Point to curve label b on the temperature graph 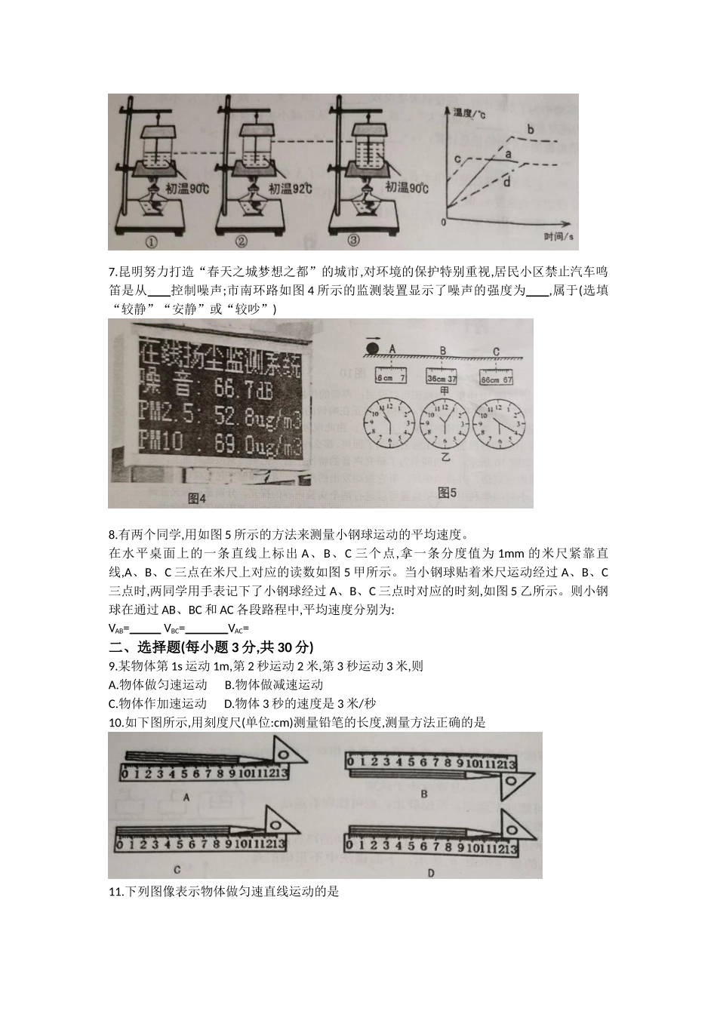pyautogui.click(x=530, y=131)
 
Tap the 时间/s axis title pyautogui.click(x=559, y=237)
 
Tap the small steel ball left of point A pyautogui.click(x=372, y=348)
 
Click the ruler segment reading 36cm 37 pyautogui.click(x=442, y=379)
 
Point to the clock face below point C pyautogui.click(x=498, y=420)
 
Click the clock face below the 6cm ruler pyautogui.click(x=389, y=420)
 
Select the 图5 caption pyautogui.click(x=447, y=493)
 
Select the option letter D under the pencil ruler pyautogui.click(x=431, y=874)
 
